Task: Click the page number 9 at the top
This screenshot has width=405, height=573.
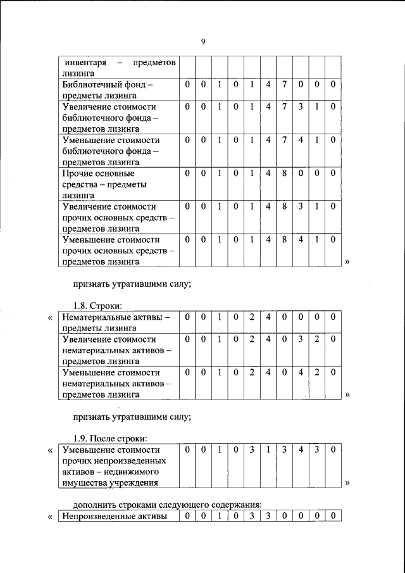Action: (x=202, y=42)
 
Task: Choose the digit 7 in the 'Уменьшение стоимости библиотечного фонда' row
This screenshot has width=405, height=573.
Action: (x=285, y=139)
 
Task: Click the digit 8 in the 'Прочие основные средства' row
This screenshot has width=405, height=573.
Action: (x=285, y=172)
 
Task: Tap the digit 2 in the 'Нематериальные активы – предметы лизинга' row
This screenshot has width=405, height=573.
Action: (x=252, y=316)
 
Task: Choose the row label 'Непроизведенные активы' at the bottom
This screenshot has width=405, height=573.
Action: (x=114, y=516)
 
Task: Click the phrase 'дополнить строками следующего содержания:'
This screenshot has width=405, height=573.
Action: (x=168, y=504)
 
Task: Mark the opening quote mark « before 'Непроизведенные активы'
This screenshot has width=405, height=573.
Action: (x=51, y=517)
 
